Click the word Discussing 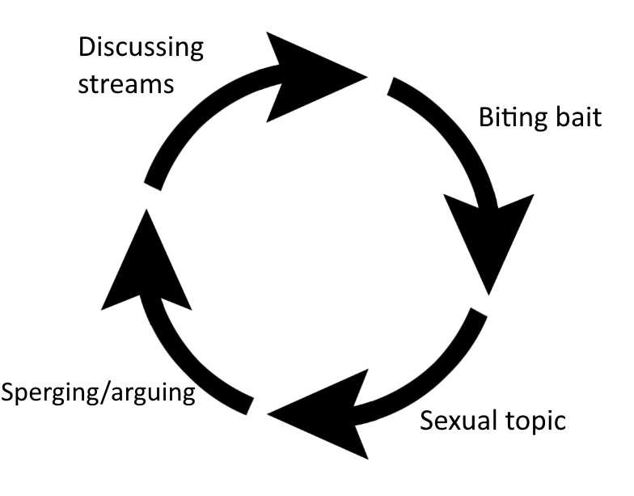[141, 48]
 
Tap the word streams [126, 84]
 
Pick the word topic [535, 423]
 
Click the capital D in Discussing [87, 48]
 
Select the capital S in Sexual [427, 422]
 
